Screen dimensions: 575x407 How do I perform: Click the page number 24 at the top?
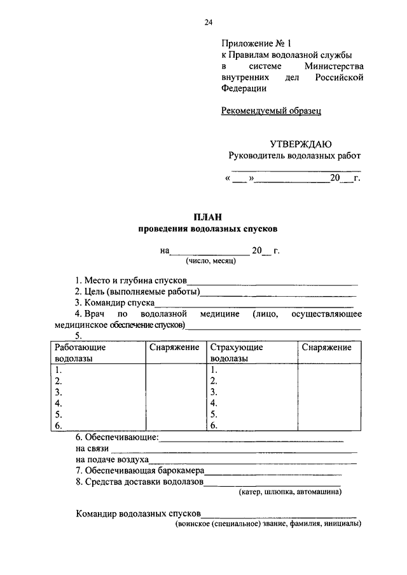click(208, 23)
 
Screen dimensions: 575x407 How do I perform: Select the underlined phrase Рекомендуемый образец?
click(272, 111)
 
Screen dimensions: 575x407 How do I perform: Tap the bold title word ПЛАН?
click(208, 217)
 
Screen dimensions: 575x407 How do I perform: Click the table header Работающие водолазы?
click(80, 353)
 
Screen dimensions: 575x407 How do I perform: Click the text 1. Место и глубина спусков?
click(130, 280)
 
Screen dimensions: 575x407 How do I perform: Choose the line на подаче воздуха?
click(112, 459)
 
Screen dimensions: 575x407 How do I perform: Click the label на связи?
click(92, 448)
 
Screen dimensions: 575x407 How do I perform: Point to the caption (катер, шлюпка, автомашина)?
click(290, 492)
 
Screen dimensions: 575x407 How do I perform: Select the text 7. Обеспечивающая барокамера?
click(139, 470)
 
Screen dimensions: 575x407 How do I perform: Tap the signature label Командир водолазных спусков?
click(138, 513)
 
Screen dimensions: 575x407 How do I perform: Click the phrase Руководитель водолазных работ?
click(294, 156)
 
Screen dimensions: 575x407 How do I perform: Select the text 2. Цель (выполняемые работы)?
click(137, 292)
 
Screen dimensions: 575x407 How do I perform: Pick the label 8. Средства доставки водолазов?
click(139, 482)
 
